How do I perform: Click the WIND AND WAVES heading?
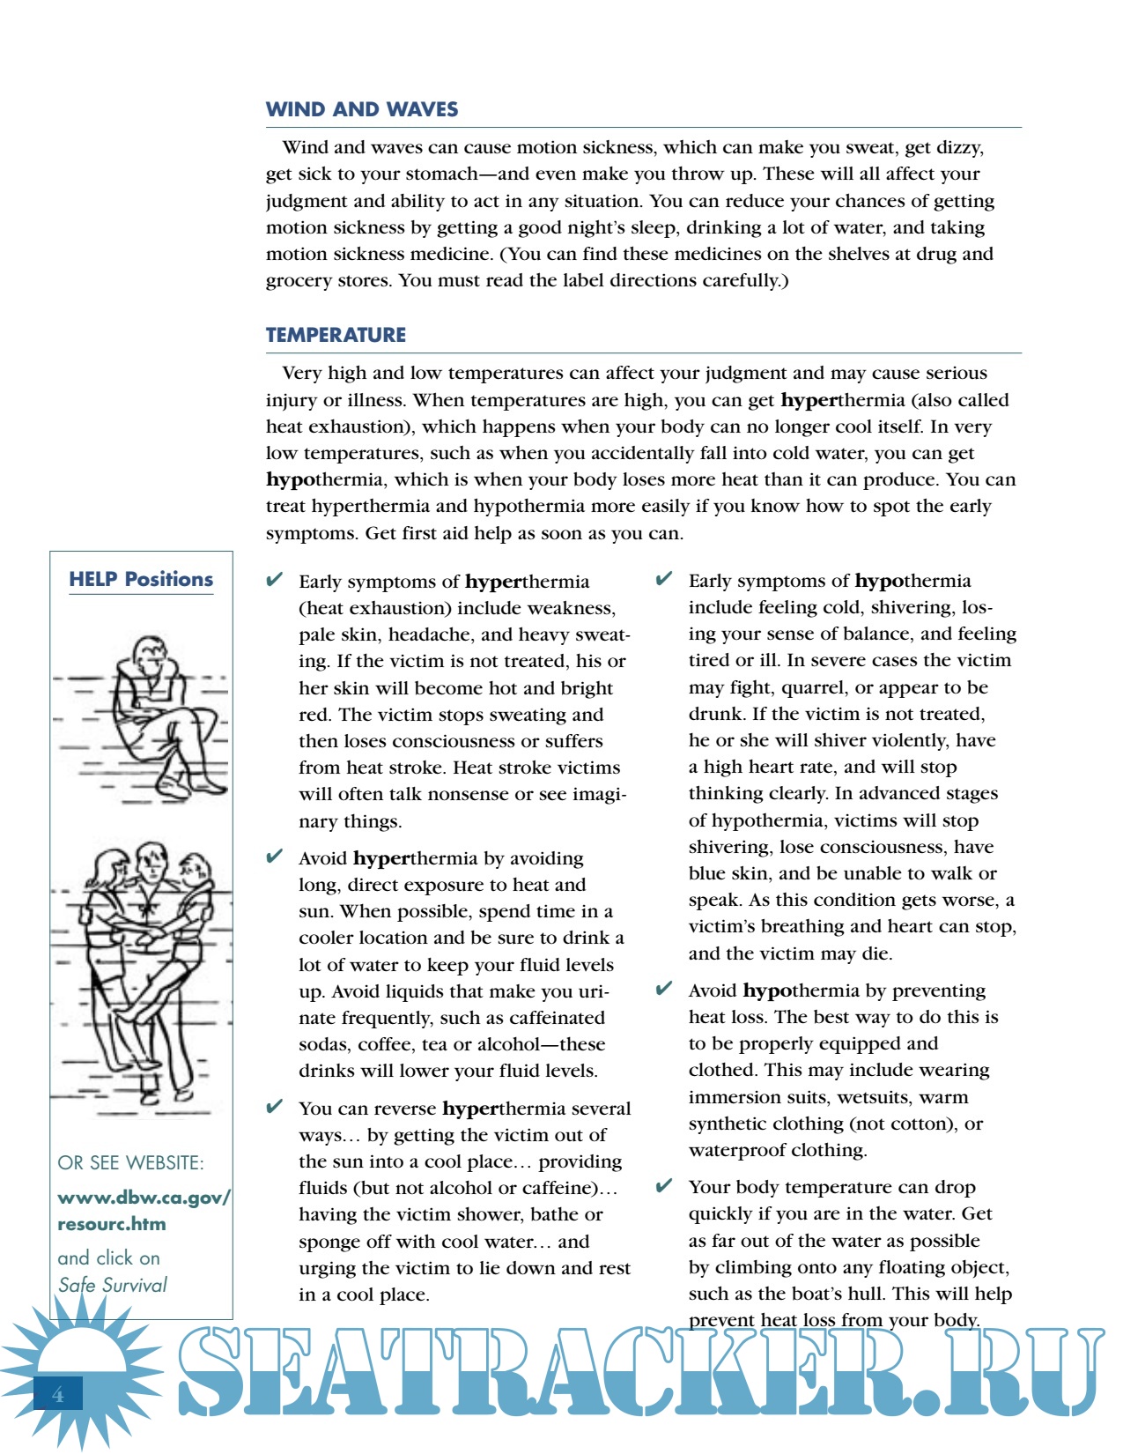(x=362, y=109)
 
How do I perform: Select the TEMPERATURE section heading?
(x=336, y=335)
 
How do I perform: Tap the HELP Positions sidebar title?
(x=141, y=579)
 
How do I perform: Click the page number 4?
(x=58, y=1394)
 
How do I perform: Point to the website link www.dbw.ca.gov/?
(x=144, y=1198)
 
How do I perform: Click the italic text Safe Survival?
(x=113, y=1285)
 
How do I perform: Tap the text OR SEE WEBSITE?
(x=130, y=1162)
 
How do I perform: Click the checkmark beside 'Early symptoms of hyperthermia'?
(x=275, y=579)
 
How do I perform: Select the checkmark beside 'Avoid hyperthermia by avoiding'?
(x=275, y=856)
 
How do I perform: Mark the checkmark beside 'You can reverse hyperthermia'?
(x=275, y=1106)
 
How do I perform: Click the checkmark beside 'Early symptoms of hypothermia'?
(x=664, y=578)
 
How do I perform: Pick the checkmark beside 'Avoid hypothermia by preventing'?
(x=664, y=988)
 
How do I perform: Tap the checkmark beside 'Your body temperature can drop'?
(x=664, y=1184)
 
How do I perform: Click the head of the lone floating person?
(x=146, y=653)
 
